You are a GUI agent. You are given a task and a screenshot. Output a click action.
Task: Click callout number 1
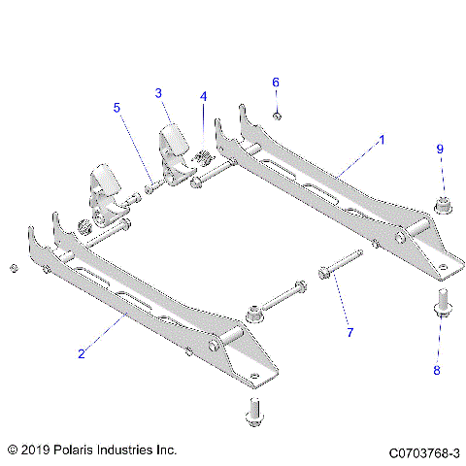click(382, 140)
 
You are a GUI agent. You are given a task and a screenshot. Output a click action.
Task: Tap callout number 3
click(157, 93)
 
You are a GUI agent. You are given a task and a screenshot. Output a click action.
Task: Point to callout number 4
click(203, 97)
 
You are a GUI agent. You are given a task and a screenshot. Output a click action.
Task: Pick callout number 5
click(116, 109)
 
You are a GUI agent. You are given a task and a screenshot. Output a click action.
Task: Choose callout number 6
click(275, 83)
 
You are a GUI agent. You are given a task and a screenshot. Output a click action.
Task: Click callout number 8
click(437, 370)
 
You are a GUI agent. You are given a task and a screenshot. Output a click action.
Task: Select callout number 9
click(439, 149)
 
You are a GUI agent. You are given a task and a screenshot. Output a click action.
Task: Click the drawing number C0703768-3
click(423, 452)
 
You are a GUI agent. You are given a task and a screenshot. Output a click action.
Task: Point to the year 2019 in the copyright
click(37, 451)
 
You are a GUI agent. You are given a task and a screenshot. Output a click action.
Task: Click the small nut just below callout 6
click(277, 116)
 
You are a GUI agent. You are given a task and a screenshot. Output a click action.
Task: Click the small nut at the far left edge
click(12, 267)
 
